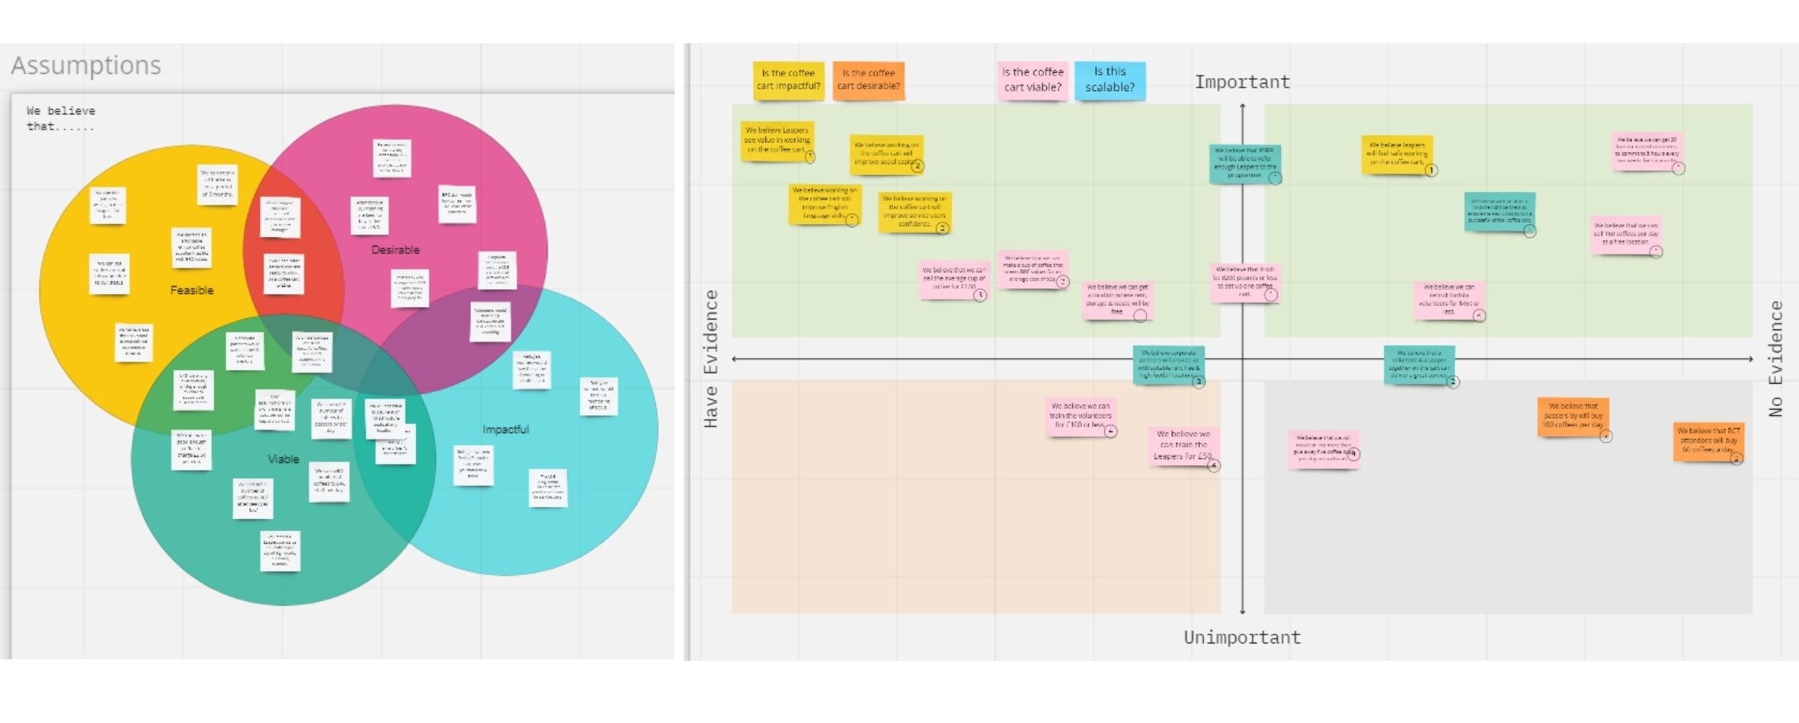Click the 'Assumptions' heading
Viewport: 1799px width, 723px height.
[x=86, y=65]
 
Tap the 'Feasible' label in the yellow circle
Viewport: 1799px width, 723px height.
[x=192, y=290]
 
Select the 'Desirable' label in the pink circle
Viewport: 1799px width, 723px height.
[x=395, y=250]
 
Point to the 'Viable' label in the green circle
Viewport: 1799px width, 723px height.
[x=283, y=459]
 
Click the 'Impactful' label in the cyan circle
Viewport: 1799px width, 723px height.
[x=505, y=429]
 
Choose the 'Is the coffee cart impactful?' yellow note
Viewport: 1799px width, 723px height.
[x=788, y=80]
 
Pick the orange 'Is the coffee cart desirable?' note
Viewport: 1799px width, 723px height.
[x=868, y=80]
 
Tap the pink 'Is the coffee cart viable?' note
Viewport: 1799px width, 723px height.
[x=1033, y=80]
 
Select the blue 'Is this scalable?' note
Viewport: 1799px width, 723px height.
[x=1110, y=80]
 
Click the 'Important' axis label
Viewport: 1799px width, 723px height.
[x=1242, y=82]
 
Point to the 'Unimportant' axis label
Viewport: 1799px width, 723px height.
[x=1242, y=637]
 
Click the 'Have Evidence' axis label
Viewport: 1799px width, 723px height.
[x=711, y=358]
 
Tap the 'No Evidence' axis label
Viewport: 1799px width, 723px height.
[x=1776, y=358]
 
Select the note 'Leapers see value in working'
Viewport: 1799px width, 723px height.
[x=777, y=140]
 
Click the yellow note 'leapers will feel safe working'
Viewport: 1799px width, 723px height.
[x=1397, y=153]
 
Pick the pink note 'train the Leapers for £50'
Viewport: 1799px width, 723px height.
[x=1183, y=445]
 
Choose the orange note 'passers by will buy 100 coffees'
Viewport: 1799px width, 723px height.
[x=1573, y=416]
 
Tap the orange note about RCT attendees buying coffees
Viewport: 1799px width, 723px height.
[x=1708, y=440]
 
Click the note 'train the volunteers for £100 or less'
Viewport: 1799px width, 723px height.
[x=1080, y=416]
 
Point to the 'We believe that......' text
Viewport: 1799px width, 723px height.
[x=61, y=118]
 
